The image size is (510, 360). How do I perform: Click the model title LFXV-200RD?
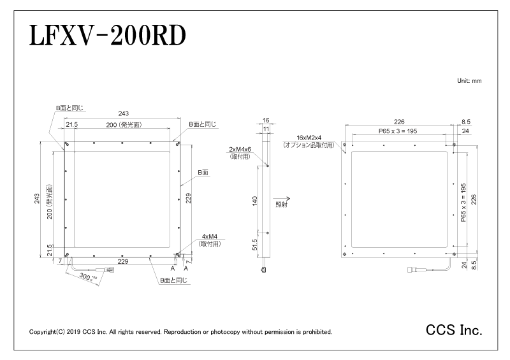(x=108, y=36)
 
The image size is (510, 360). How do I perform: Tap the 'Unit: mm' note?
(x=469, y=81)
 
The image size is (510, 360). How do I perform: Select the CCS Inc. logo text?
(x=454, y=330)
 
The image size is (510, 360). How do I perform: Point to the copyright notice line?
(x=180, y=332)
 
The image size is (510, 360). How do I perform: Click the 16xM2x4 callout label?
(x=309, y=138)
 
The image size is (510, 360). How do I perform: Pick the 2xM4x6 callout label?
(x=240, y=150)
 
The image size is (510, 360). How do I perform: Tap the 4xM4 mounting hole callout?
(x=210, y=236)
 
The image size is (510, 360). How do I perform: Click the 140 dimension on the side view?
(x=254, y=201)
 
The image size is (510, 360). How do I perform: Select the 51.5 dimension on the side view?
(x=254, y=245)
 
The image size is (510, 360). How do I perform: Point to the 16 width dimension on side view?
(x=266, y=120)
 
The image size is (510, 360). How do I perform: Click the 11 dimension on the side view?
(x=266, y=129)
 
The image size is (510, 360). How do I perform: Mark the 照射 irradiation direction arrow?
(x=282, y=198)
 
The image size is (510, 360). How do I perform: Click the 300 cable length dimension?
(x=85, y=277)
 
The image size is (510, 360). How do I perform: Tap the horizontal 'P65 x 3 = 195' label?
(x=398, y=131)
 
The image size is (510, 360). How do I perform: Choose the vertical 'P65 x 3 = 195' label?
(x=463, y=203)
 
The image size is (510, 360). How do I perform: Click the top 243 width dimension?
(x=123, y=113)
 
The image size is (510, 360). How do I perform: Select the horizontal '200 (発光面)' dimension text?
(x=124, y=125)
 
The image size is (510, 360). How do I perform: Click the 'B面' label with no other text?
(x=203, y=173)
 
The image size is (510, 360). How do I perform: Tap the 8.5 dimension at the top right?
(x=466, y=122)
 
